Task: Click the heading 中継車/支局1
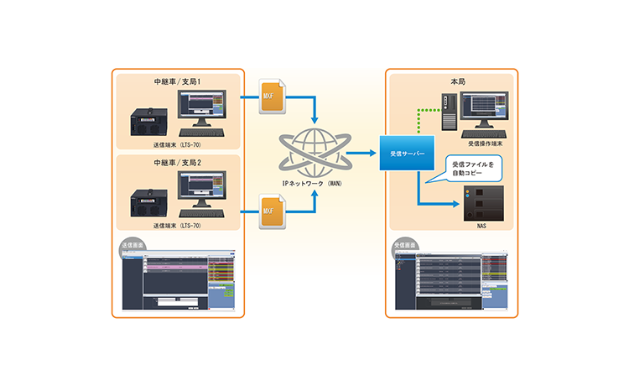click(x=178, y=83)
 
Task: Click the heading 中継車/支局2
click(x=178, y=162)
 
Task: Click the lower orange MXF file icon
click(x=272, y=206)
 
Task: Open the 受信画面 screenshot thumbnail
click(x=450, y=278)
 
